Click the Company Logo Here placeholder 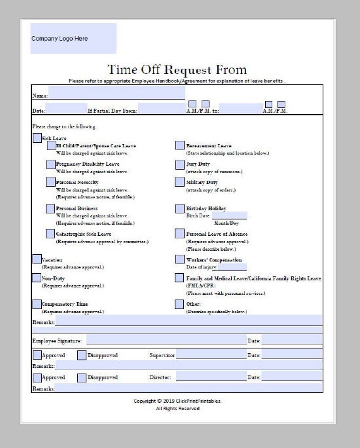point(73,39)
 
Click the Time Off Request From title point(177,69)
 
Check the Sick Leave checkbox point(37,138)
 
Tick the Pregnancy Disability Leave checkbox point(51,164)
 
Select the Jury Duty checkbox point(180,164)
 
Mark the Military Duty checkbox point(180,183)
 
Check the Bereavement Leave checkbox point(180,145)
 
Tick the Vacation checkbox point(37,259)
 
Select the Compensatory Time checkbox point(37,304)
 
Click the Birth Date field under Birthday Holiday point(229,215)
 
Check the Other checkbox point(180,304)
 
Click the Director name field point(209,377)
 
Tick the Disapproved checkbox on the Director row point(82,378)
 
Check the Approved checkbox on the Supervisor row point(37,355)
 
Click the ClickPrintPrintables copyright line point(177,400)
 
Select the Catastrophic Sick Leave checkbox point(51,234)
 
